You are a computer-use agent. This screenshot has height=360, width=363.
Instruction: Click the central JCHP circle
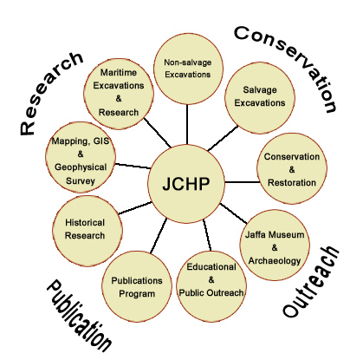(186, 183)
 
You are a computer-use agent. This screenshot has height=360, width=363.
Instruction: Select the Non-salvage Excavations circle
(188, 69)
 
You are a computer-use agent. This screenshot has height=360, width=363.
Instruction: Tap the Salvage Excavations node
(260, 98)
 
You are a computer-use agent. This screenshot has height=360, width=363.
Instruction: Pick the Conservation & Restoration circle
(292, 169)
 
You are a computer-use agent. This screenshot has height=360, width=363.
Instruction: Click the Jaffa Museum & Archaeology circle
(275, 245)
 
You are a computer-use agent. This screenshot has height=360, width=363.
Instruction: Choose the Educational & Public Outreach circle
(211, 286)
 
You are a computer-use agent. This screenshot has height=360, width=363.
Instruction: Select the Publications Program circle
(137, 286)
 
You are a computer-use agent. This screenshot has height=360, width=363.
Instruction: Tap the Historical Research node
(88, 231)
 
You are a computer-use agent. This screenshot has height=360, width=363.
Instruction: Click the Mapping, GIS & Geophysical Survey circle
(81, 157)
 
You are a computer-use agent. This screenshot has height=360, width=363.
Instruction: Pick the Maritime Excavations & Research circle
(119, 94)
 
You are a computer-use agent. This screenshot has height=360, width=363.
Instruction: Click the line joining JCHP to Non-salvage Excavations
(187, 124)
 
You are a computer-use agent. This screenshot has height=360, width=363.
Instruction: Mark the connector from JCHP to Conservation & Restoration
(241, 182)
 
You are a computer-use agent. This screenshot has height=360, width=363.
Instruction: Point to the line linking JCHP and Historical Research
(135, 208)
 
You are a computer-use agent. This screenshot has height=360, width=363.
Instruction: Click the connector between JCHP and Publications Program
(159, 235)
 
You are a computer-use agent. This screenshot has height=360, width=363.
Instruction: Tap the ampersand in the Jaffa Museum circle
(275, 247)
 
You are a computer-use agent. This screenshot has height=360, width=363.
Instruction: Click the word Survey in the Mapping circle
(81, 181)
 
